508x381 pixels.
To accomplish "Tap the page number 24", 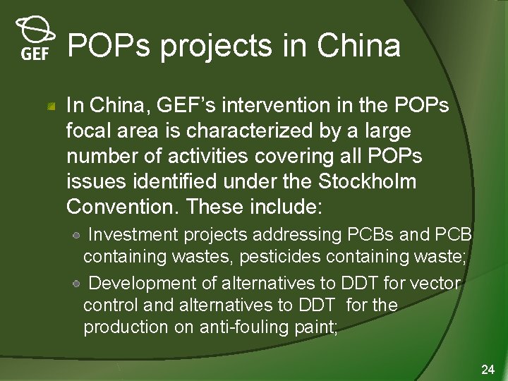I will pos(487,370).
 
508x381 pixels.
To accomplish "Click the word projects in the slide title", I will pos(216,47).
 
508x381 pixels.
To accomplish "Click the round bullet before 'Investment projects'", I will pos(79,234).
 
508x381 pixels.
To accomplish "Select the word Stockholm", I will pos(368,181).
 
